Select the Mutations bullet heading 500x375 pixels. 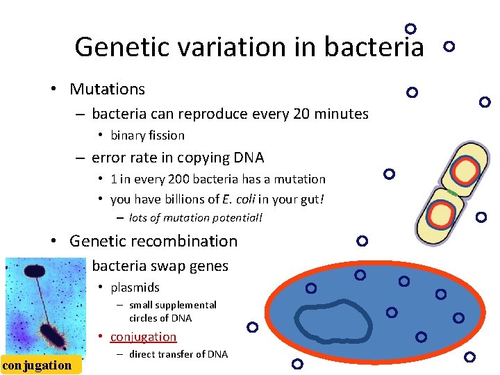[107, 89]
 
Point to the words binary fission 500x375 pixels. [147, 135]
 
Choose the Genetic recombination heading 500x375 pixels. [153, 241]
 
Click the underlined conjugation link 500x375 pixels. [143, 337]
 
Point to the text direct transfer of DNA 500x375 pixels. [178, 354]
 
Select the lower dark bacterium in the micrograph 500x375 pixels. [53, 335]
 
